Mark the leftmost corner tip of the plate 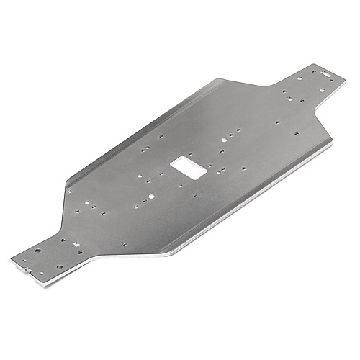(11, 256)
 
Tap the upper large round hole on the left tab (37, 250)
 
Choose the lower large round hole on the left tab (59, 266)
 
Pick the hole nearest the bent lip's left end (69, 191)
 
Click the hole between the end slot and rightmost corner (331, 81)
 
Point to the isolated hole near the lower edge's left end (124, 245)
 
